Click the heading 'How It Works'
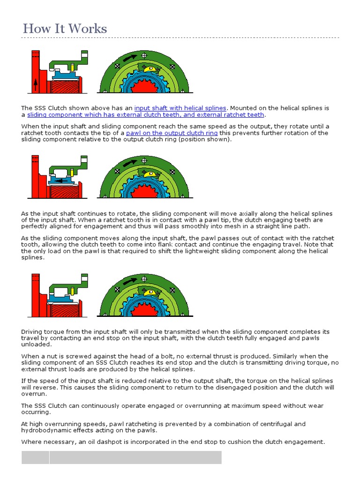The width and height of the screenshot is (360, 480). click(65, 29)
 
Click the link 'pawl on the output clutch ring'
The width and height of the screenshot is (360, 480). click(172, 133)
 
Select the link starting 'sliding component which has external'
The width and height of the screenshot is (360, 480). click(146, 115)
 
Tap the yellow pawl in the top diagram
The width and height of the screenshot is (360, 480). click(150, 69)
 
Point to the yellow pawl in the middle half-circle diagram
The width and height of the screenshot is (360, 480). click(150, 174)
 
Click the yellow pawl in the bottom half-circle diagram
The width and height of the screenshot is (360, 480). click(150, 292)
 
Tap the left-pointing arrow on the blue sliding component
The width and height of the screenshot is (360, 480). click(60, 180)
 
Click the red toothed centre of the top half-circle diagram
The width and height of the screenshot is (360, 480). click(143, 86)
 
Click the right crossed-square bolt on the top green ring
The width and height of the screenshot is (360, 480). click(172, 67)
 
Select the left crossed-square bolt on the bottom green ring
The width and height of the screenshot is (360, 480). click(115, 291)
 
